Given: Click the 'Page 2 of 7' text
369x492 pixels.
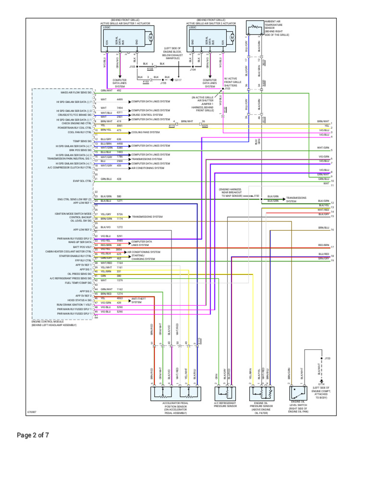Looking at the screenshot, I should pos(33,436).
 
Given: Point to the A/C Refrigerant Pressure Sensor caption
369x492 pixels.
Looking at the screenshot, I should pos(225,406).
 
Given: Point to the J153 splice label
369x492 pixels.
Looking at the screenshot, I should pos(328,358).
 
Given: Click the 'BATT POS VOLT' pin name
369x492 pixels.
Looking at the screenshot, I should pos(84,248).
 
